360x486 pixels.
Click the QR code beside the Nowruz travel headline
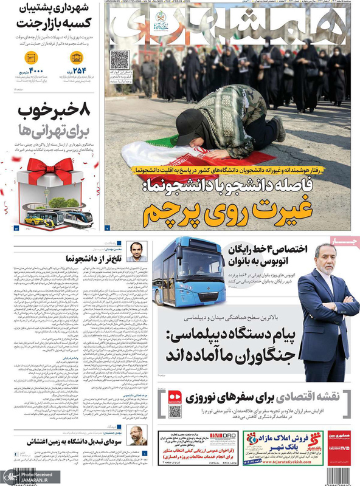pyautogui.click(x=175, y=411)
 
